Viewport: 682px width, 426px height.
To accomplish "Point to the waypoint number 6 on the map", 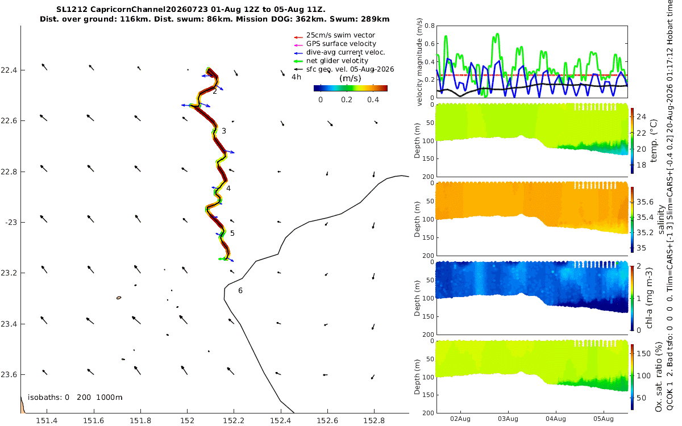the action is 240,291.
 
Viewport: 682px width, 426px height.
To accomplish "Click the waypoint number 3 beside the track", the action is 224,131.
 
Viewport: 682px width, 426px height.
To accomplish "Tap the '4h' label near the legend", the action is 296,77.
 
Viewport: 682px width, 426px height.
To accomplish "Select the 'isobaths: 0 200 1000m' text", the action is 75,398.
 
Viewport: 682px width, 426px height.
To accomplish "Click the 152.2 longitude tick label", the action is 234,420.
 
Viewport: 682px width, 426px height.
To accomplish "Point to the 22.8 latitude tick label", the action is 9,172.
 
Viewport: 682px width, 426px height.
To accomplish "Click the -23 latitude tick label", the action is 11,223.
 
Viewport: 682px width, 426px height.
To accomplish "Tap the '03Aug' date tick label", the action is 508,419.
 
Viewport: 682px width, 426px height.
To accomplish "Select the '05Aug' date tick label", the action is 604,419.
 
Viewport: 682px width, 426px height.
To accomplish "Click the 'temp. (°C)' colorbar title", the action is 654,141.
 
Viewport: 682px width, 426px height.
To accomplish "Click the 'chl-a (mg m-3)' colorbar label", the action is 649,298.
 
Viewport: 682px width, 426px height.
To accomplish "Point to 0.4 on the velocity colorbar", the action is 373,100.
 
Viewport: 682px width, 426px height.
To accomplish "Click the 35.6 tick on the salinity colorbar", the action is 645,202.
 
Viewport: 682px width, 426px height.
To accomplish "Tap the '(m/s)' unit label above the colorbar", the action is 350,78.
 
